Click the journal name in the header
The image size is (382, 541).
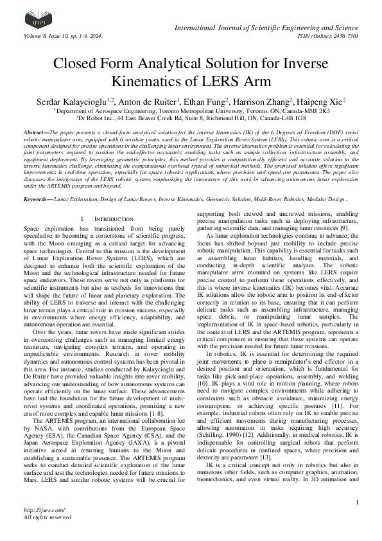click(266, 28)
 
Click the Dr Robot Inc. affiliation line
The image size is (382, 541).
click(191, 118)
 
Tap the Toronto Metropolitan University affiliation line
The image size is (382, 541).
click(191, 111)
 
